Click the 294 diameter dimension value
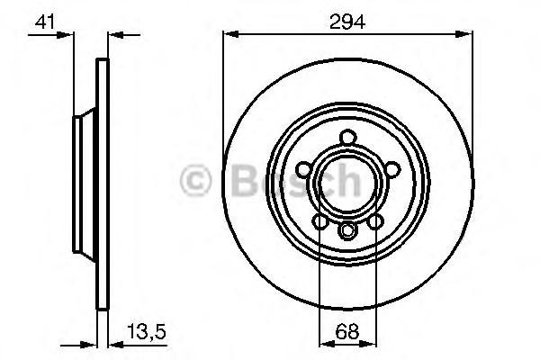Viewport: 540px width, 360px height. point(347,22)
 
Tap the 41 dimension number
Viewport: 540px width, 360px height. point(45,22)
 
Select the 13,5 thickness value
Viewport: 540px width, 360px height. point(147,331)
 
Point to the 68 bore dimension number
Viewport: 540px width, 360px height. point(347,331)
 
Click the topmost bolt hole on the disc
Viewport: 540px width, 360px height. point(347,138)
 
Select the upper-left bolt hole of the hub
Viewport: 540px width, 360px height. point(305,170)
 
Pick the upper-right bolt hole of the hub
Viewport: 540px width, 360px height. point(391,169)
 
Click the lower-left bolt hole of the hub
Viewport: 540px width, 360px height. point(320,221)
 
